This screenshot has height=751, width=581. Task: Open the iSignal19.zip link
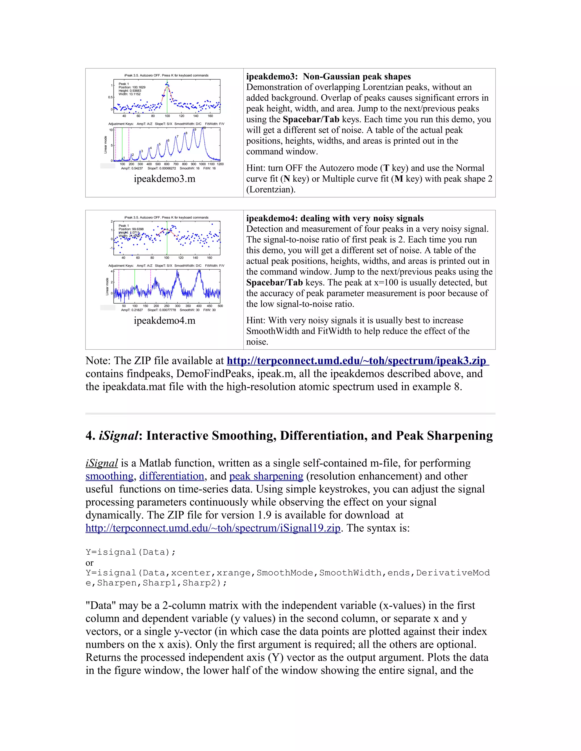click(x=213, y=528)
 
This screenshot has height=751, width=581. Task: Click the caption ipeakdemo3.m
click(x=165, y=179)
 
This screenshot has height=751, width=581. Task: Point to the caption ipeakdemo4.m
click(x=165, y=321)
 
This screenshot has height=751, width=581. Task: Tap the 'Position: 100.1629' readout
click(x=132, y=87)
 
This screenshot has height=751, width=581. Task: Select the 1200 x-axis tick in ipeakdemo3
click(x=220, y=164)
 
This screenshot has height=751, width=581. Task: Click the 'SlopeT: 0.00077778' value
click(x=161, y=310)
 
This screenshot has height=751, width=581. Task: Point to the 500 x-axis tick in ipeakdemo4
click(x=220, y=306)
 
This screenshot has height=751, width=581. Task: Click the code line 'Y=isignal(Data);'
click(x=130, y=552)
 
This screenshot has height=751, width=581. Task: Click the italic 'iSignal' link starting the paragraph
click(x=102, y=463)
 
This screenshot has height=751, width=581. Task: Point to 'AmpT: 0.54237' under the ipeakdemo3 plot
click(x=132, y=169)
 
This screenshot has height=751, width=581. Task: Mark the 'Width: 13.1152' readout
click(x=129, y=94)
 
